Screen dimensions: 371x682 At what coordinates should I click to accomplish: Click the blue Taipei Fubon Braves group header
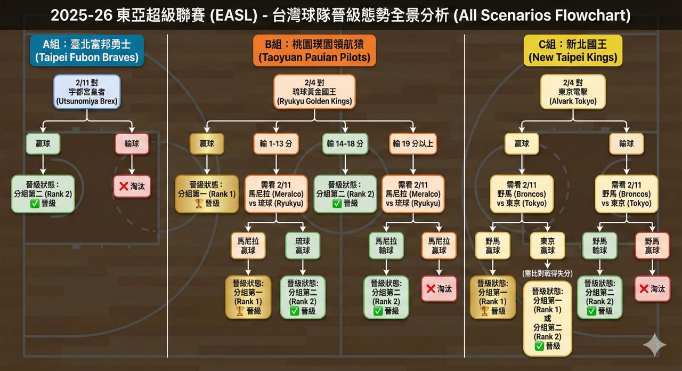[x=87, y=50]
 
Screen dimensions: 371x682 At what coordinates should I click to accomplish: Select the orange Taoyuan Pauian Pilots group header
[x=314, y=50]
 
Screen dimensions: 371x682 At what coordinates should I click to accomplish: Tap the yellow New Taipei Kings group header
[x=573, y=50]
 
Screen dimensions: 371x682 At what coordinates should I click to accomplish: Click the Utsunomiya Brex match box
[x=87, y=92]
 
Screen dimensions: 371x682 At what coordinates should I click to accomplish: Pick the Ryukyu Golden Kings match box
[x=314, y=92]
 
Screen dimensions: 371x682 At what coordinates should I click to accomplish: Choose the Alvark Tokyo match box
[x=573, y=92]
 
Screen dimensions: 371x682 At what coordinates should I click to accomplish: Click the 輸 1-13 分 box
[x=275, y=143]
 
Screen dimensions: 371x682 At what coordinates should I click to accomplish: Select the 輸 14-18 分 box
[x=345, y=143]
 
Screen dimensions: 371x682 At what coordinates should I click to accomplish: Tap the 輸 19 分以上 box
[x=413, y=143]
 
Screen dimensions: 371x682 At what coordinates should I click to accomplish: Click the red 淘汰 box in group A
[x=132, y=187]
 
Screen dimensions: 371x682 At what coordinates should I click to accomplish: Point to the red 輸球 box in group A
[x=132, y=143]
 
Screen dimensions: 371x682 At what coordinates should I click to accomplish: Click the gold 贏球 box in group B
[x=207, y=143]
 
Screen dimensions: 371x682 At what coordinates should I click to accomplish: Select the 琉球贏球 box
[x=303, y=245]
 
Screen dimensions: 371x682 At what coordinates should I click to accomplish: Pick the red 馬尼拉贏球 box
[x=439, y=245]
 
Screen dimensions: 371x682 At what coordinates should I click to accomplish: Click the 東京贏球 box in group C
[x=548, y=245]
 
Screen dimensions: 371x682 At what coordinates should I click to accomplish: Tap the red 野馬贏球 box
[x=652, y=245]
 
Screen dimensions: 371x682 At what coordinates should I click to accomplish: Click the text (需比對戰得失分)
[x=548, y=273]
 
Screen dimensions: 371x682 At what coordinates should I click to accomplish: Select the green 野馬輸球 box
[x=599, y=245]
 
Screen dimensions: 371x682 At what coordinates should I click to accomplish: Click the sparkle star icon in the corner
[x=654, y=345]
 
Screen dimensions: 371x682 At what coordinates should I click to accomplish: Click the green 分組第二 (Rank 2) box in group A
[x=43, y=194]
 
